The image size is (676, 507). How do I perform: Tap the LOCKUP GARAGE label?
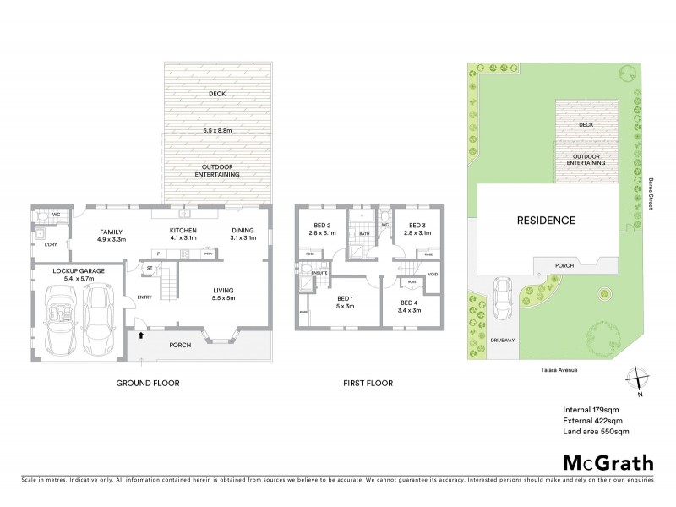coord(77,270)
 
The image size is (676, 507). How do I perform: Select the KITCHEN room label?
coord(183,231)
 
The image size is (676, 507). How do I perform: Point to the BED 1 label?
coord(345,300)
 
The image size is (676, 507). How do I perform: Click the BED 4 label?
coord(409,303)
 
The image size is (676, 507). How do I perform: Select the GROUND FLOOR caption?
coord(148,383)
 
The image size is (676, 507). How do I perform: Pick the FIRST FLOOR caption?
coord(368,383)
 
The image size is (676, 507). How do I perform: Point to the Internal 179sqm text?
coord(591,409)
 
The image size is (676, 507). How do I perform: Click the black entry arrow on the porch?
coord(142,335)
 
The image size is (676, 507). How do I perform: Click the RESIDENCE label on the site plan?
coord(546,221)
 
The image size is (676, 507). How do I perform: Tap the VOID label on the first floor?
coord(433,275)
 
